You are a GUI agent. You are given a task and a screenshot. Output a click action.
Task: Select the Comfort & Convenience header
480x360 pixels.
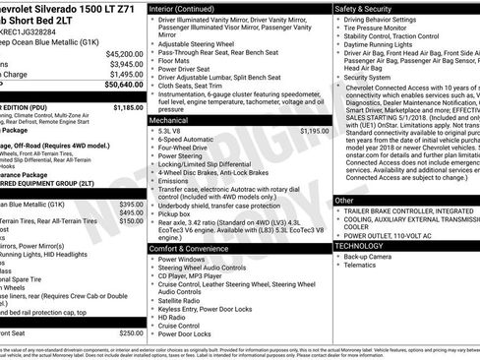coord(191,248)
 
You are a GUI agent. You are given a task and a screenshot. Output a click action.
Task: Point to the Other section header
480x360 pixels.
coord(345,200)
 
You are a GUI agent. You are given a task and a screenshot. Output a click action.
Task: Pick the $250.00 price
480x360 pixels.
coord(130,333)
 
